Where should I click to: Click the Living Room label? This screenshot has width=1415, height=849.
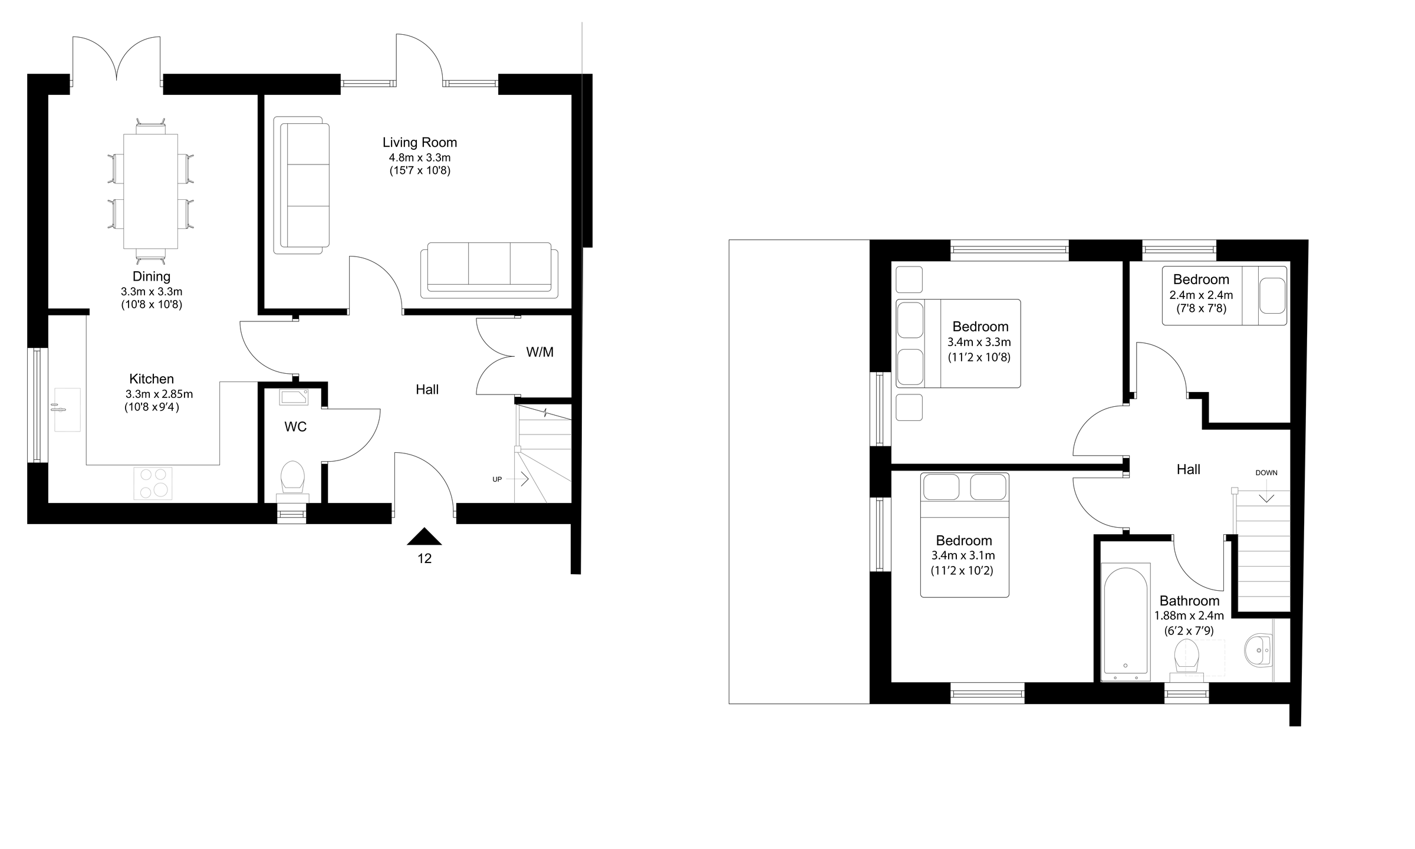point(419,143)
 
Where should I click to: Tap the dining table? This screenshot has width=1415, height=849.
point(150,192)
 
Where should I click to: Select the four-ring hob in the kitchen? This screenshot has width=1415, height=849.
point(153,483)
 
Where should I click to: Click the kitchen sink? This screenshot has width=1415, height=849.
point(67,409)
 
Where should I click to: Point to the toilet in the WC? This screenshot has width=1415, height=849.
point(292,476)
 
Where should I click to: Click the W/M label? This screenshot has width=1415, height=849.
point(539,353)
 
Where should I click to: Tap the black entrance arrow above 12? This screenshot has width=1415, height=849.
point(424,537)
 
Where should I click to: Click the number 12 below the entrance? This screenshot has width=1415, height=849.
point(424,559)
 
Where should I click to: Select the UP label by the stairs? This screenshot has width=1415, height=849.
point(497,480)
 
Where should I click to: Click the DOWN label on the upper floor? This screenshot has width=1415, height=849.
point(1266,473)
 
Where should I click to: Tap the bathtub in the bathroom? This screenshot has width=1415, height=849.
point(1125,620)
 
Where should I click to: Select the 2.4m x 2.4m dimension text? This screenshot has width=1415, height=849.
point(1201,295)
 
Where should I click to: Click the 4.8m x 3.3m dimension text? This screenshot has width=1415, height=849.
point(419,158)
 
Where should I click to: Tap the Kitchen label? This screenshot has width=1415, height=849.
point(152,379)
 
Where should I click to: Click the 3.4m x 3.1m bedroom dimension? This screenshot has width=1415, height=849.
point(963,555)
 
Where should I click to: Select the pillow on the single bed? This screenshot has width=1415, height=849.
point(1272,297)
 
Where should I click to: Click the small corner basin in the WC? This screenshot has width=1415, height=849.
point(294,397)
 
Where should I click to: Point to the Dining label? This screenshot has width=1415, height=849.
point(152,277)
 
